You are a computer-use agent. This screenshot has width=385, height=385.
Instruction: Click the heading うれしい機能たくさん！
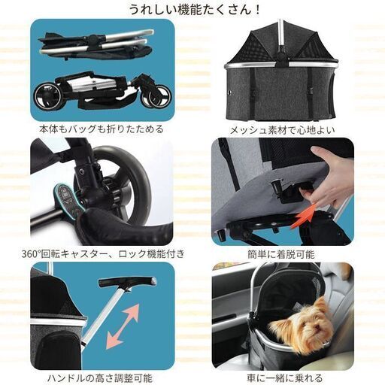(x=192, y=10)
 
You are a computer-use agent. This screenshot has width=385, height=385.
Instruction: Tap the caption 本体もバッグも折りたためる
(x=103, y=129)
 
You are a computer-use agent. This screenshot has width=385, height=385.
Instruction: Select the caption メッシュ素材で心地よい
(x=282, y=129)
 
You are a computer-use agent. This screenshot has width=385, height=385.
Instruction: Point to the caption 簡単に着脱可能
(x=282, y=253)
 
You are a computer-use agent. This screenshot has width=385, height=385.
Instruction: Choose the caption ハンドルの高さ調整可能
(x=103, y=377)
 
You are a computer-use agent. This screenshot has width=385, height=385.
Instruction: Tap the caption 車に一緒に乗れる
(x=282, y=377)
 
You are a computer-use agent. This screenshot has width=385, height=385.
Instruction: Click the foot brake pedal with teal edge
(x=66, y=201)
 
